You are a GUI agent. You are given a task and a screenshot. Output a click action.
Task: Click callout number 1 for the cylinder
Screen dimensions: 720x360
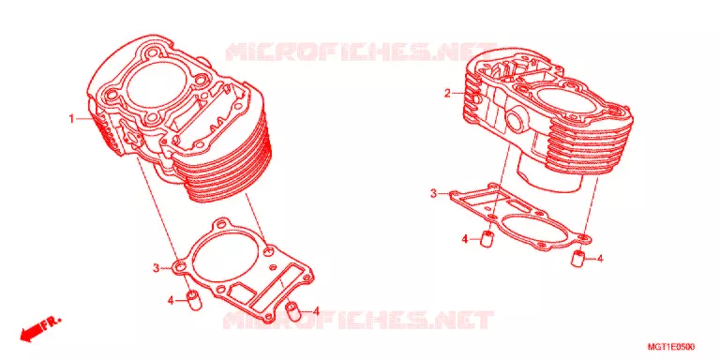pyautogui.click(x=71, y=119)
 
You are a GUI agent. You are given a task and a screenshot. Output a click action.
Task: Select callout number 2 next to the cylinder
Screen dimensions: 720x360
pyautogui.click(x=447, y=94)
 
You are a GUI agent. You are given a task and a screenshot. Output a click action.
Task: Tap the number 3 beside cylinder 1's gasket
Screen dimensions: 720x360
pyautogui.click(x=157, y=268)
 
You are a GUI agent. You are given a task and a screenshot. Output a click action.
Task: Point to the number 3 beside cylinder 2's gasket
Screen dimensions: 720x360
pyautogui.click(x=433, y=194)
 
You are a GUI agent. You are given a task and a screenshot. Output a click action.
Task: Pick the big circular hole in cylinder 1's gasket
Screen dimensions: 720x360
pyautogui.click(x=224, y=258)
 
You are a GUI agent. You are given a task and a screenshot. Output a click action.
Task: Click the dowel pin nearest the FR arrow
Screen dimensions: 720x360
pyautogui.click(x=193, y=299)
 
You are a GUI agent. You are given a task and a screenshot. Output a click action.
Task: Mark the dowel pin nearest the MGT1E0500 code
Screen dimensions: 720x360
pyautogui.click(x=579, y=258)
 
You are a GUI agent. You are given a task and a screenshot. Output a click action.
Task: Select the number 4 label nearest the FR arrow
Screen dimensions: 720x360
pyautogui.click(x=171, y=301)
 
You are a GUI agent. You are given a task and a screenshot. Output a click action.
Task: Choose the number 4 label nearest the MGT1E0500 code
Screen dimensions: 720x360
pyautogui.click(x=600, y=259)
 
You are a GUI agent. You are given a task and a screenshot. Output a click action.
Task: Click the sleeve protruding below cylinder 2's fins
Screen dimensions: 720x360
pyautogui.click(x=548, y=172)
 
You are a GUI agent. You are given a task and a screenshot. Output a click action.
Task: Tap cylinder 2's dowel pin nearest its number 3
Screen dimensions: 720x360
pyautogui.click(x=487, y=239)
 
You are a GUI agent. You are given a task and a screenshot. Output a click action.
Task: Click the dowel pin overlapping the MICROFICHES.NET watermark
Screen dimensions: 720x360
pyautogui.click(x=293, y=311)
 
